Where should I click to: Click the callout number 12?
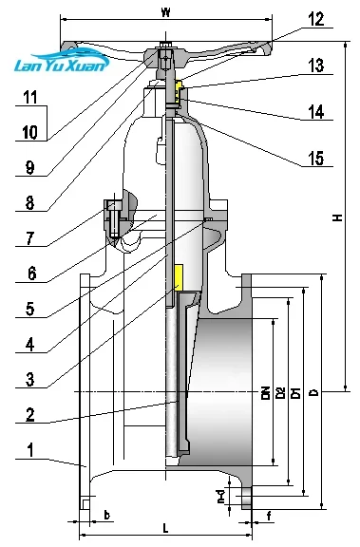(315, 18)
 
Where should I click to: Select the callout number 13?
(315, 66)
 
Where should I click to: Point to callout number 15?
(315, 159)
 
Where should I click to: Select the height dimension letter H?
(337, 217)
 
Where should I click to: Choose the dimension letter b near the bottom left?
(106, 517)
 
